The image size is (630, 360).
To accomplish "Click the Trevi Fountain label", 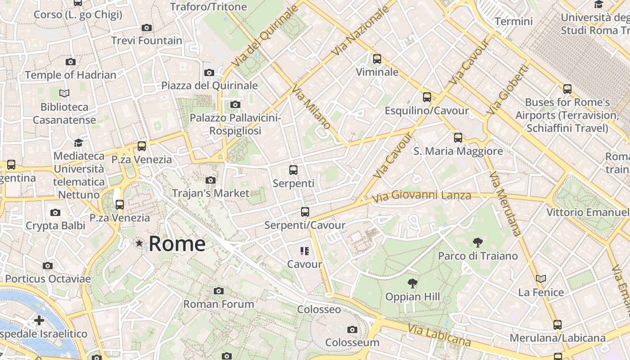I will [147, 40].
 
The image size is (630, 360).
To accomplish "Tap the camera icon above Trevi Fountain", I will [146, 28].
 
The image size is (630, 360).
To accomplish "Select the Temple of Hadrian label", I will [71, 75].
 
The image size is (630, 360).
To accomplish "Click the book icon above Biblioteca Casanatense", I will [64, 93].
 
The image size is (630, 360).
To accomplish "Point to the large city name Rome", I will [177, 244].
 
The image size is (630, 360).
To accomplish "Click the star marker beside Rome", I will [139, 243].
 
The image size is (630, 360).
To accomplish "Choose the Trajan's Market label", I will [210, 193].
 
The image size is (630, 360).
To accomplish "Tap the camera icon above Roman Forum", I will [219, 291].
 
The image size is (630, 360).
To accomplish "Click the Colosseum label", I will [352, 342].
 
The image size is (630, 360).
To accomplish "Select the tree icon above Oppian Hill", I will [412, 283].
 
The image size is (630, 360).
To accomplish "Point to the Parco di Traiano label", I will [478, 256].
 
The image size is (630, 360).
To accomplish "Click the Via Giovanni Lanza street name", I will [422, 196].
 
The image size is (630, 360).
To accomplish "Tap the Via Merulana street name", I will [505, 203].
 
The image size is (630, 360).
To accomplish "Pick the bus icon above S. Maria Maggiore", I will [458, 138].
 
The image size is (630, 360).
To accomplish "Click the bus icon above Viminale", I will [377, 59].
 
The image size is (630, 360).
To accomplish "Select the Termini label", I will [513, 21].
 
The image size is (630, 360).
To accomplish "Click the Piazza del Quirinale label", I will [209, 85].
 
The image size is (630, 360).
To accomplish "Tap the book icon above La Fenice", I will [541, 279].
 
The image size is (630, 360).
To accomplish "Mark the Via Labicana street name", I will [439, 335].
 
